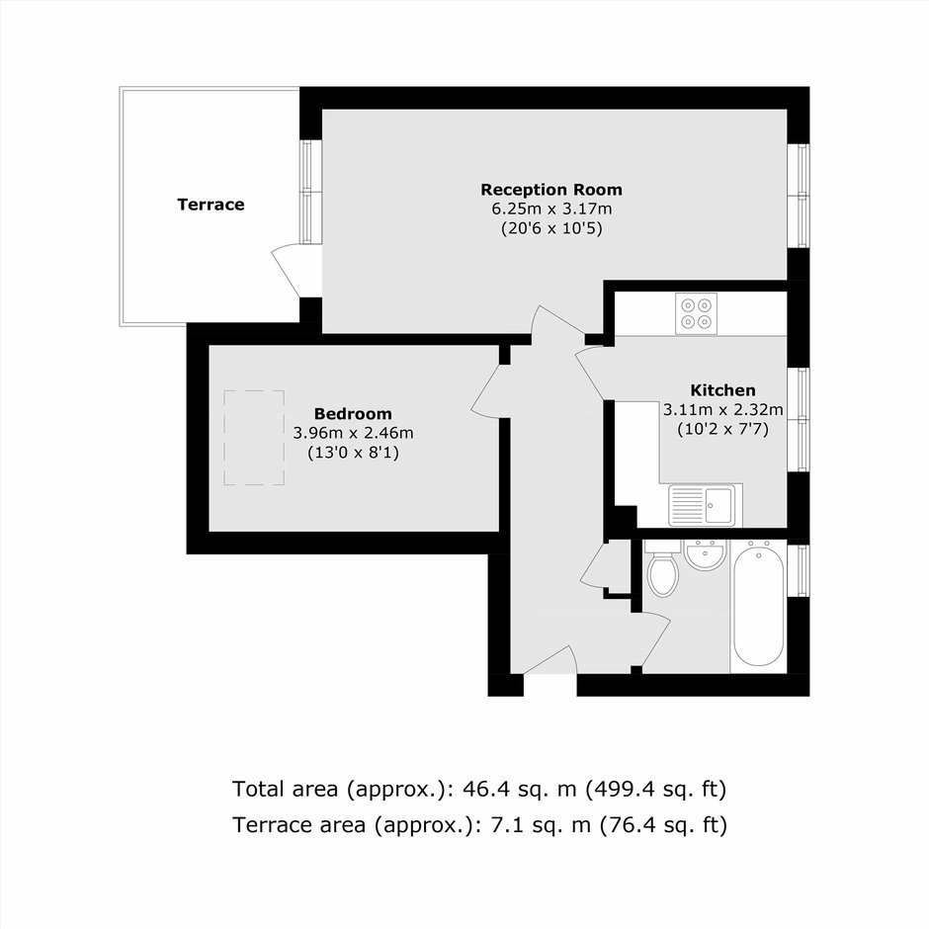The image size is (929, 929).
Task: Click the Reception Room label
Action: tap(551, 190)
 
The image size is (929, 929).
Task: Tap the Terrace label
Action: tap(211, 205)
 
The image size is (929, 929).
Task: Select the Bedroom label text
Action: tap(353, 413)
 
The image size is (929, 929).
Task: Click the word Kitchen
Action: tap(722, 390)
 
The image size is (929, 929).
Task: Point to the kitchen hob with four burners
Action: tap(696, 313)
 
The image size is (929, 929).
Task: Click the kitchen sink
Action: tap(703, 505)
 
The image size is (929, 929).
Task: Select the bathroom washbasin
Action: tap(705, 554)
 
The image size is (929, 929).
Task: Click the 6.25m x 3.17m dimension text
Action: tap(551, 210)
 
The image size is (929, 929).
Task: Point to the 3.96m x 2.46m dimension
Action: tap(353, 433)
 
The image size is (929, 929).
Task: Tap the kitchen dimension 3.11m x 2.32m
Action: tap(722, 409)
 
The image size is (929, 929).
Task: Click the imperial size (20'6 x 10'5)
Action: tap(551, 228)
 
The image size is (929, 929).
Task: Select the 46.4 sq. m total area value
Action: tap(519, 790)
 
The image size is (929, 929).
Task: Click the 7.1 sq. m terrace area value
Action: tap(541, 824)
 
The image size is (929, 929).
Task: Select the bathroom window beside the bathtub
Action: tap(802, 570)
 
